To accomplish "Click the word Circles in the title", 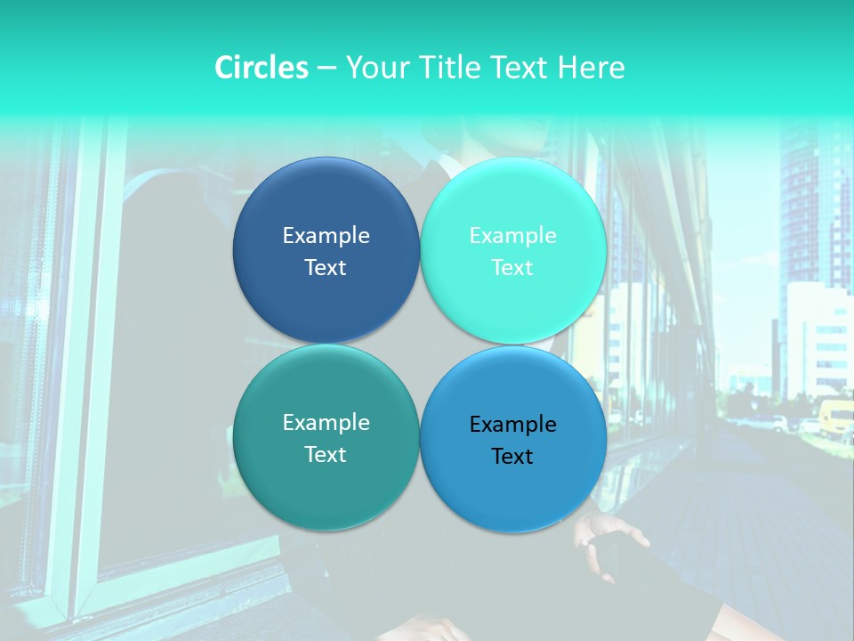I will (x=262, y=68).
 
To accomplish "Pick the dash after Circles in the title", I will (x=326, y=69).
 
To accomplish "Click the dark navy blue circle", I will (x=326, y=205).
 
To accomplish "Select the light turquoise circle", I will (x=513, y=205).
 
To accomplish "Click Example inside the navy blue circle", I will (x=326, y=236).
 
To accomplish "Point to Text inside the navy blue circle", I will (x=326, y=268).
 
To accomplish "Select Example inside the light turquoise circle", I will (x=513, y=236).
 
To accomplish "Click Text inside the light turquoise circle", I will (x=513, y=268).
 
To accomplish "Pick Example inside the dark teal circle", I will (x=326, y=423).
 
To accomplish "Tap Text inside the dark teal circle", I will (x=326, y=455).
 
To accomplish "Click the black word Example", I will (x=513, y=425).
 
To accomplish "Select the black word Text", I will (x=513, y=457).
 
